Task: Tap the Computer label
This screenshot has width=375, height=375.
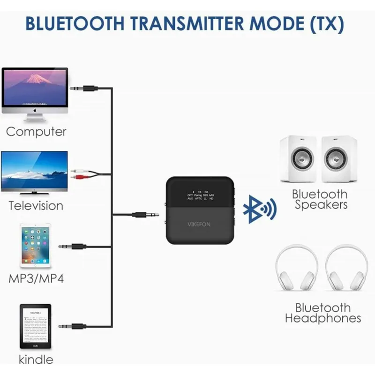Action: (36, 132)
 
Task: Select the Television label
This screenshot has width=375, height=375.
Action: (36, 205)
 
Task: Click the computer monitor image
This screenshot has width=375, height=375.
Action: (35, 91)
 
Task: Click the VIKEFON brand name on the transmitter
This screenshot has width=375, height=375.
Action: (200, 224)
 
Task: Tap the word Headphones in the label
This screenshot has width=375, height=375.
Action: (323, 319)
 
